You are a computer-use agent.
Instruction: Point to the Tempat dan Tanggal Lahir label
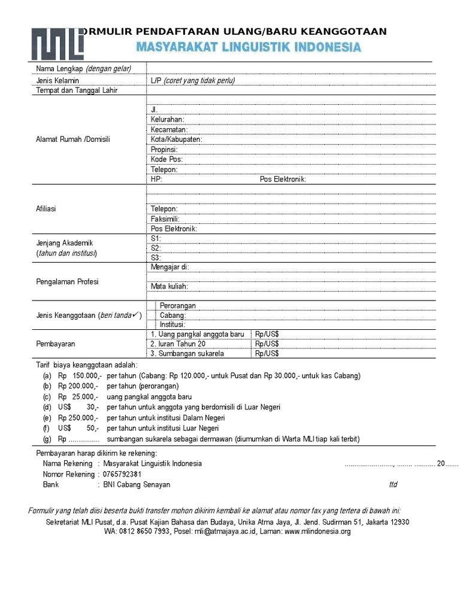[77, 90]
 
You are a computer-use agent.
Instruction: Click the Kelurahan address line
[168, 120]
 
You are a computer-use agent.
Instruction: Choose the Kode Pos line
[167, 160]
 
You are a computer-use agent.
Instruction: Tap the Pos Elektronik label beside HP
[283, 180]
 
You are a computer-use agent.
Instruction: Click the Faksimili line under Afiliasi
[165, 219]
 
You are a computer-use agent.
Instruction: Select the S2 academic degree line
[156, 248]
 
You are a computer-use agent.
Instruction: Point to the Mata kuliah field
[170, 287]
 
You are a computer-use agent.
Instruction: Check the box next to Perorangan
[152, 306]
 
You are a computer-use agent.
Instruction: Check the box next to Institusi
[152, 324]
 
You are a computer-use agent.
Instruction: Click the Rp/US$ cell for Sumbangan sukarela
[267, 354]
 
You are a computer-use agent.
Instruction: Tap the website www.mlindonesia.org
[317, 531]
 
